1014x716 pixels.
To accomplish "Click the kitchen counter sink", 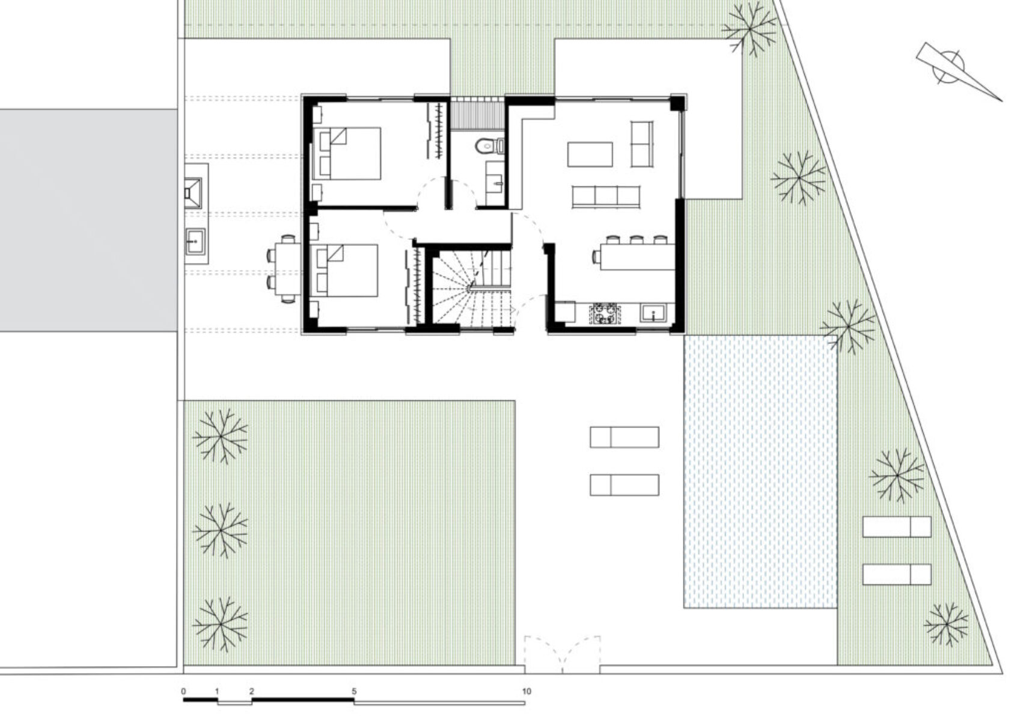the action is coord(653,313).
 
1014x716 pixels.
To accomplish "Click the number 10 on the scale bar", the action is coord(526,691).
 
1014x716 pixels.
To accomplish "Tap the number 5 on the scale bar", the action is coord(354,691).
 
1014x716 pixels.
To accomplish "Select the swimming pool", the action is coord(760,471).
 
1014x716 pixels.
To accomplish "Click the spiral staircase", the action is coord(471,287).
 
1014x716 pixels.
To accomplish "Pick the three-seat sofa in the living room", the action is coord(606,197).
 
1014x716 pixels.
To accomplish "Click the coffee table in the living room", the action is coord(590,155).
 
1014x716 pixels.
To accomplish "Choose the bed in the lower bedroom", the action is coord(346,271).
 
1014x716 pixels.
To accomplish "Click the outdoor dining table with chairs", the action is coord(284,269).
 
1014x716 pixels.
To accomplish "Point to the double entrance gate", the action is coord(563,654).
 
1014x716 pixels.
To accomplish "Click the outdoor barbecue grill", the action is coord(193,192).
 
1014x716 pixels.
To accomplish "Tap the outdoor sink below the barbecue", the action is coord(195,242).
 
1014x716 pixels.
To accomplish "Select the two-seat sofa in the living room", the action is coord(643,144).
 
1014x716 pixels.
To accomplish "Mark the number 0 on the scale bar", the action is coord(183,691).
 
